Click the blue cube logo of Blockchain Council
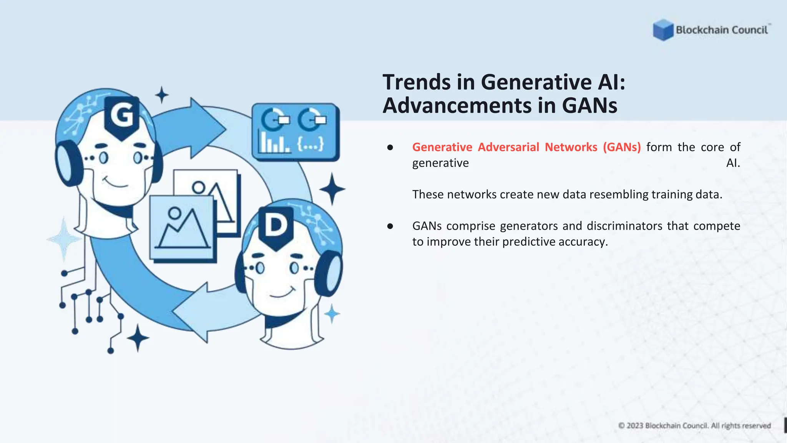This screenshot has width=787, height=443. (663, 30)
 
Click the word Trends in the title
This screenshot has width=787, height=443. (417, 82)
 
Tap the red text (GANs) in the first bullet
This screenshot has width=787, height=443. (621, 147)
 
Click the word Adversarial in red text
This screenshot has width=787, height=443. (508, 147)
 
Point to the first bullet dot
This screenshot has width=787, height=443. (390, 148)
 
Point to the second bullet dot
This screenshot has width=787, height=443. (390, 226)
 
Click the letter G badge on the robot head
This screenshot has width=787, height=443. (122, 116)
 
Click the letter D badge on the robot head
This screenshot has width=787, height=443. (276, 226)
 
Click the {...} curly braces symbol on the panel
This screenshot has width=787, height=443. (310, 144)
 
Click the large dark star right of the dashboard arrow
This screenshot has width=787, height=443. (332, 189)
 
